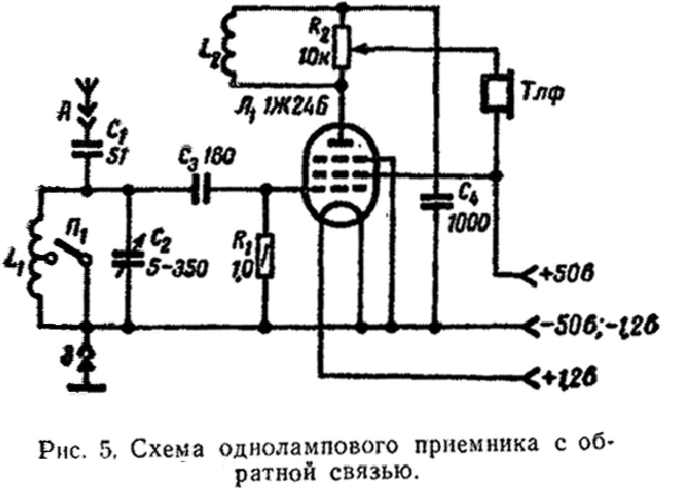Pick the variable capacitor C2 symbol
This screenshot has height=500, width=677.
coord(128,257)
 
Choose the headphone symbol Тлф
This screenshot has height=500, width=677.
coord(496,92)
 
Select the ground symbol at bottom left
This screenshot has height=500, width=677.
coord(86,379)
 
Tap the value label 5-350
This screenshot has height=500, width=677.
coord(178,269)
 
